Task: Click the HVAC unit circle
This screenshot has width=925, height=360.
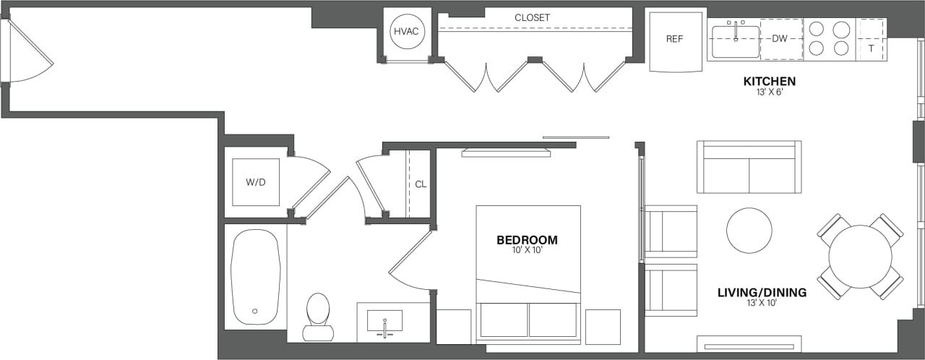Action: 406,33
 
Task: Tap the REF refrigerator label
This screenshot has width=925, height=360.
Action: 674,39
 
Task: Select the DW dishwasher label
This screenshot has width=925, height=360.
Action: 779,39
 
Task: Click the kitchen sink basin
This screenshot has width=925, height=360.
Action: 735,42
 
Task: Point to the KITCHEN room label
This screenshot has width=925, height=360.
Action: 769,82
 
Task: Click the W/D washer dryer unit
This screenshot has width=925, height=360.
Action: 255,182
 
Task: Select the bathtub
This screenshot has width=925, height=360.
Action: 255,276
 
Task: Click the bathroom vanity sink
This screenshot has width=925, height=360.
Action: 386,322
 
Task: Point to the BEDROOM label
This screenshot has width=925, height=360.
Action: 527,240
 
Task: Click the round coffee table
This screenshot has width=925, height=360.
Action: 749,231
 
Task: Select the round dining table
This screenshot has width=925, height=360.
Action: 860,257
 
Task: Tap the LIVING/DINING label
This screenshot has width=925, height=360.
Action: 762,293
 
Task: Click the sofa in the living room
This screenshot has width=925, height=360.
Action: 749,168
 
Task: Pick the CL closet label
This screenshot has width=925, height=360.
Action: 421,184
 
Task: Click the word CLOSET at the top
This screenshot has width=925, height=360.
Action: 532,17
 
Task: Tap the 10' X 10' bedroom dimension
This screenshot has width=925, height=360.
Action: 527,251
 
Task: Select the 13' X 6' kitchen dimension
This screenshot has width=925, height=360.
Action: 769,93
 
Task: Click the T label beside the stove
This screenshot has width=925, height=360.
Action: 871,48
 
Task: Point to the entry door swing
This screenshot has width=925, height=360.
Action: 30,52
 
